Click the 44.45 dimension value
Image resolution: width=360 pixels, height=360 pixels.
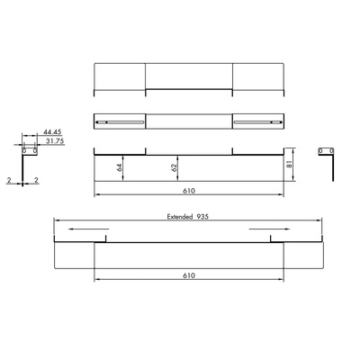tap(52, 132)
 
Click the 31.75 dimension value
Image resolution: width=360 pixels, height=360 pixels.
tap(55, 141)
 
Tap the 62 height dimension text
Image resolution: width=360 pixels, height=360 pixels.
tap(173, 167)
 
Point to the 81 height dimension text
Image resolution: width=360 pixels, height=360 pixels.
tap(289, 164)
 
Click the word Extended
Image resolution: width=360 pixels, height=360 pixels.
tap(180, 217)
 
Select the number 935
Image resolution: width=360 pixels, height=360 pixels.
tap(202, 217)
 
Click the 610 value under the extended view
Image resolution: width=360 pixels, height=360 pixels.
tap(189, 275)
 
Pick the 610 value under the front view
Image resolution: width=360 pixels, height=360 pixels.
tap(189, 191)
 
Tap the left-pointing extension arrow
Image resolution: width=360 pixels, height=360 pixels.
tap(89, 229)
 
